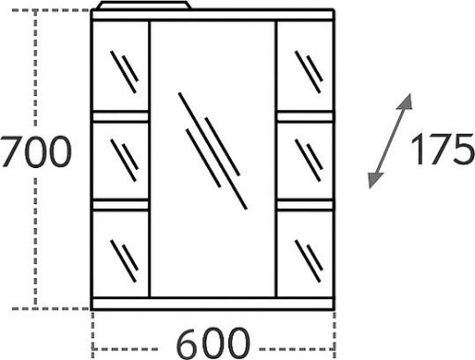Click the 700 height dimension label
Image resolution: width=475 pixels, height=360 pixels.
[x=36, y=152]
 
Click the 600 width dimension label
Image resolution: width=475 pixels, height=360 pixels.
[x=213, y=343]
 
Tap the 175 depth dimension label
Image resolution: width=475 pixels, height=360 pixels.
[x=443, y=149]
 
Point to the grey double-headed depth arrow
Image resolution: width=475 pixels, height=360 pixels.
[x=390, y=142]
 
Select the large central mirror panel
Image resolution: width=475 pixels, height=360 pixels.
[x=213, y=159]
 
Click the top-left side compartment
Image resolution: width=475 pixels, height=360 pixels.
[x=121, y=66]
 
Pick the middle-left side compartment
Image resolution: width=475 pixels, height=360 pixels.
[x=121, y=161]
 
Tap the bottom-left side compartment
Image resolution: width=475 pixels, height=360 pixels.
[x=121, y=254]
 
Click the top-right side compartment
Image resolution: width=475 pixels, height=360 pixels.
[x=305, y=66]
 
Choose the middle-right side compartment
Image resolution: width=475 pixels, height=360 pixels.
[x=305, y=161]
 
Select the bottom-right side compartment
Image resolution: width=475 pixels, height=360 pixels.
[x=305, y=254]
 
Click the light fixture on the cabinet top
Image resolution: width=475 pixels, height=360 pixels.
[x=144, y=6]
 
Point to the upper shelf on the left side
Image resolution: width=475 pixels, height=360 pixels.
[x=121, y=117]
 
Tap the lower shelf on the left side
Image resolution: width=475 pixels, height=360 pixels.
[x=121, y=205]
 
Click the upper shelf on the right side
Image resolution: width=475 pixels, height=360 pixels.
[x=305, y=117]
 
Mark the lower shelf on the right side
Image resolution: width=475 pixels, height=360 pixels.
[x=305, y=205]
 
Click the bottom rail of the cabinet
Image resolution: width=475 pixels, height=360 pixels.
[x=213, y=303]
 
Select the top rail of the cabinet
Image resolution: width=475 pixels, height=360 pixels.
[x=213, y=15]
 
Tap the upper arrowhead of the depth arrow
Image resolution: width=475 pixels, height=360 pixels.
[x=406, y=102]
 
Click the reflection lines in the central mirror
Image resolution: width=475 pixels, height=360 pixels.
[x=213, y=151]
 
